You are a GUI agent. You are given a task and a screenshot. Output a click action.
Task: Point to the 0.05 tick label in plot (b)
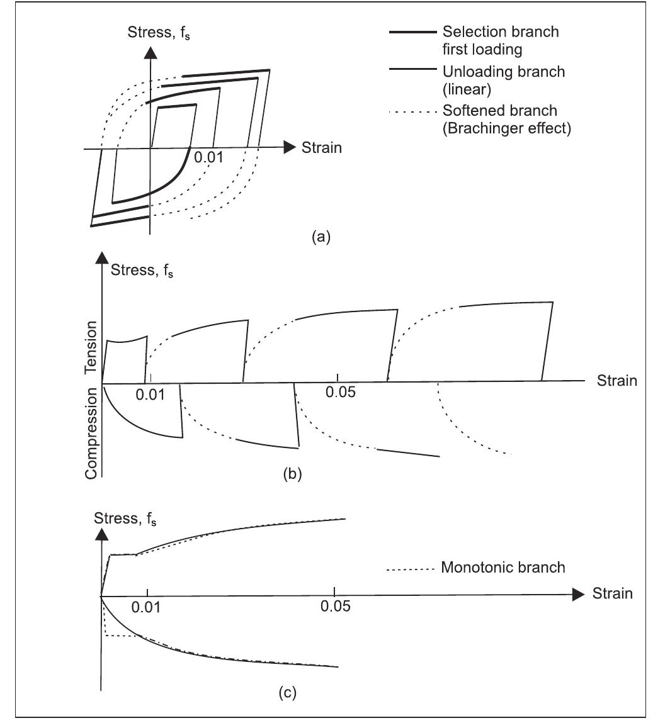[341, 392]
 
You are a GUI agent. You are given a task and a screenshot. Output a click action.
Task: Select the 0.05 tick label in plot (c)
[334, 607]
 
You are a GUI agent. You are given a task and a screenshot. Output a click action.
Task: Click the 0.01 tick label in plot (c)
[147, 607]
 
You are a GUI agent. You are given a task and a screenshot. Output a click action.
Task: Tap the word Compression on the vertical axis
[92, 433]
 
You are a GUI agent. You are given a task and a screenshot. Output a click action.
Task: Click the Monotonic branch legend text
[503, 568]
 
